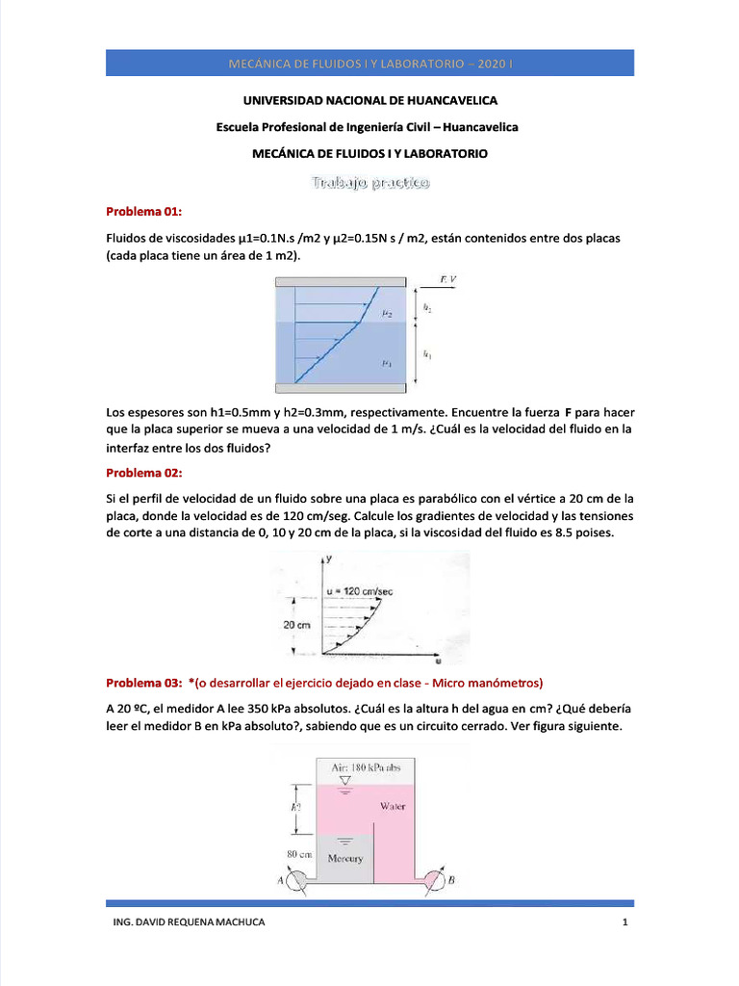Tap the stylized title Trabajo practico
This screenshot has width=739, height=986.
(x=369, y=182)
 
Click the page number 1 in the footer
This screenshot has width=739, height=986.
(x=624, y=922)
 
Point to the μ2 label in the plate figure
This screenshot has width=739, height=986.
(x=385, y=313)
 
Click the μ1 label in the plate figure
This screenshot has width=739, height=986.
(x=385, y=363)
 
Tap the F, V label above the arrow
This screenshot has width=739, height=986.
(x=449, y=279)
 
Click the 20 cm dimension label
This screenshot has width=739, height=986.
(x=296, y=625)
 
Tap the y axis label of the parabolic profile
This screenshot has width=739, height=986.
(x=329, y=558)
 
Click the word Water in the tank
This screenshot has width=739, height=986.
(x=392, y=807)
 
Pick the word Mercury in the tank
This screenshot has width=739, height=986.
(x=344, y=858)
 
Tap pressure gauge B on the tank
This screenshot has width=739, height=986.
(x=439, y=879)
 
